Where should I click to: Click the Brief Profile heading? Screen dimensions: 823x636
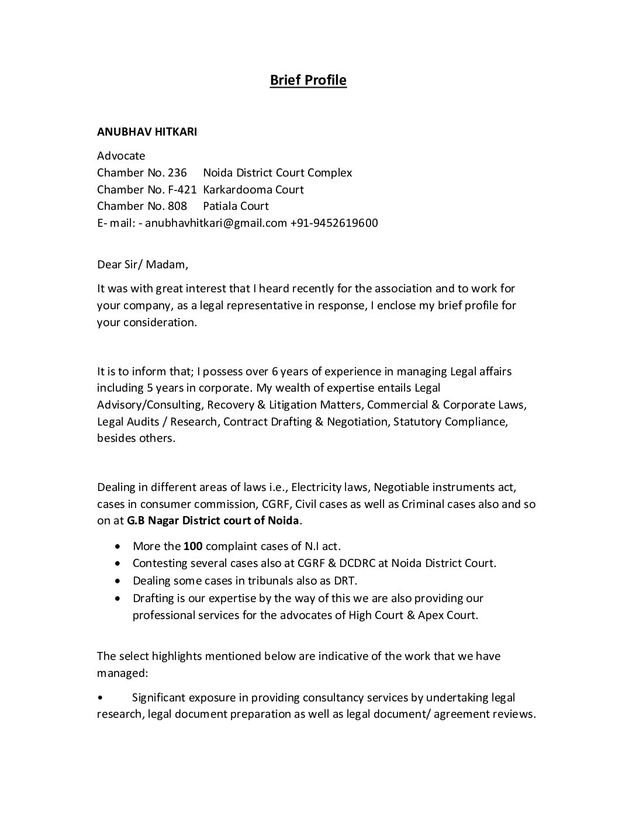coord(308,80)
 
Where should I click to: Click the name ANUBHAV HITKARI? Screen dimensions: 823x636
coord(147,132)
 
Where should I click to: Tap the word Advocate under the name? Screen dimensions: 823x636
coord(121,155)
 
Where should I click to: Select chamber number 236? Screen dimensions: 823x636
coord(177,172)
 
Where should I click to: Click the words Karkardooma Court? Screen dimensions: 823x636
coord(253,189)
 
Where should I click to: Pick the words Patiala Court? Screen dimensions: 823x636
coord(236,206)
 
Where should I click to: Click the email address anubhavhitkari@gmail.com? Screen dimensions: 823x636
coord(216,223)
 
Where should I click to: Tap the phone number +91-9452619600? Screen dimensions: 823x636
coord(334,223)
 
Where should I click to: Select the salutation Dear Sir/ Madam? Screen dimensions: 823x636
coord(143,264)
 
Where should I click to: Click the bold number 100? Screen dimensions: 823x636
coord(193,547)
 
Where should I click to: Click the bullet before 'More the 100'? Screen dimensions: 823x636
coord(119,547)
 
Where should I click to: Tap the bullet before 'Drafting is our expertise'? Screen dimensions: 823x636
coord(119,598)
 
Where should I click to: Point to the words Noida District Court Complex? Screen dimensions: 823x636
coord(278,172)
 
